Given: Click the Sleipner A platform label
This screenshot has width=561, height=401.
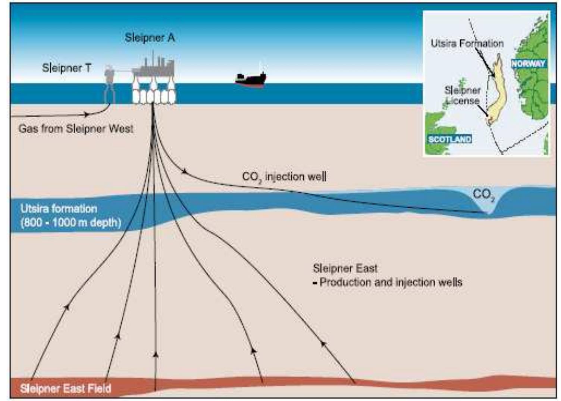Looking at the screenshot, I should click(x=150, y=38).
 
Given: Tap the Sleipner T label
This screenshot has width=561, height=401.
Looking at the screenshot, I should click(x=66, y=68).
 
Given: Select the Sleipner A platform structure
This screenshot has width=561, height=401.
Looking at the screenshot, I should click(x=154, y=82).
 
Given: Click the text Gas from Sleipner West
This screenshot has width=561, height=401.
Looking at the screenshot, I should click(x=76, y=129).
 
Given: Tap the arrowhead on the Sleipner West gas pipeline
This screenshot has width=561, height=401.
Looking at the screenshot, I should click(x=86, y=114).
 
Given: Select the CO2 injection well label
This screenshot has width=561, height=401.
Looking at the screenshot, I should click(x=284, y=176).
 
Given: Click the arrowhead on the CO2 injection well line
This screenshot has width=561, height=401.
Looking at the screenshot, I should click(x=184, y=171).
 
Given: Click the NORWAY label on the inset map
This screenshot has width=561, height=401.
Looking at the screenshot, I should click(x=528, y=63).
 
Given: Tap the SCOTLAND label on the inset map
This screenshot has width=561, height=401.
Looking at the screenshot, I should click(x=449, y=139).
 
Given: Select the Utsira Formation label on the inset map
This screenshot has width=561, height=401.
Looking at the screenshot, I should click(x=467, y=43).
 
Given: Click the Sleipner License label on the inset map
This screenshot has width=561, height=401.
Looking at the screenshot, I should click(x=463, y=96).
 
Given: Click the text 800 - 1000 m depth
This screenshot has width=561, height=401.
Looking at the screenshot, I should click(x=71, y=223).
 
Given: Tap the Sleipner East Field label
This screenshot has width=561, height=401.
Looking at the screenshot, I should click(x=66, y=388).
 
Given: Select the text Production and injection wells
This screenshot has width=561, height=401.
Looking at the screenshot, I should click(x=391, y=282).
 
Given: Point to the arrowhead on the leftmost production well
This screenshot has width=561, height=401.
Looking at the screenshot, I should click(x=67, y=307).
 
